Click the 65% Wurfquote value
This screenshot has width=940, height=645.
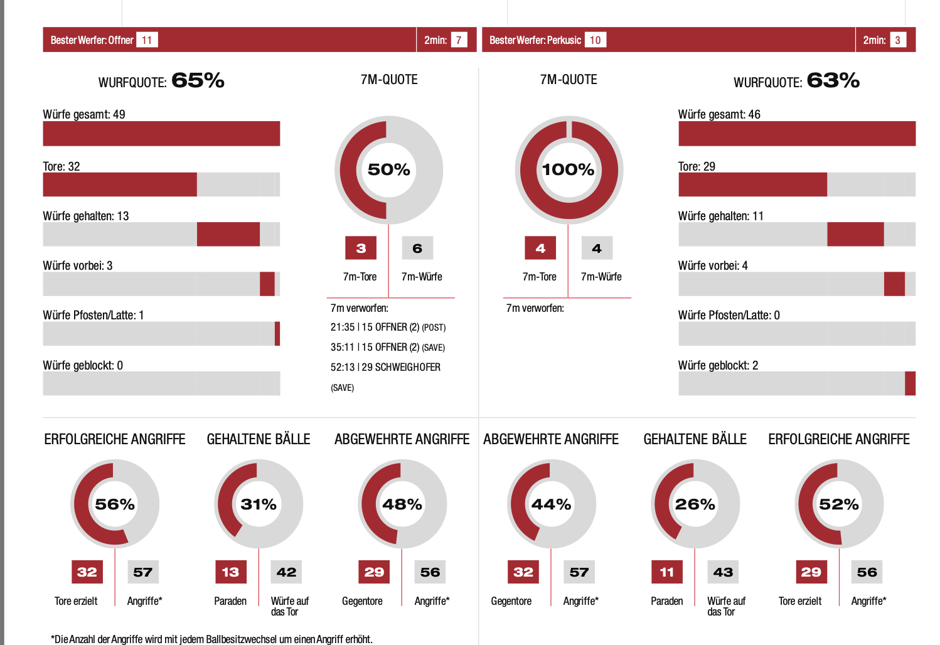click(x=198, y=80)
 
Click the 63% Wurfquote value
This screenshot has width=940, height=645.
click(x=833, y=80)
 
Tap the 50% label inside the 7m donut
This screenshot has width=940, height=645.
click(x=388, y=169)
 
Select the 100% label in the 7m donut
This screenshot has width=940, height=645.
click(x=568, y=169)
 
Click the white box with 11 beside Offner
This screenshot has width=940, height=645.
click(x=147, y=40)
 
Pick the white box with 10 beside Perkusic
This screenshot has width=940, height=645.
click(x=595, y=40)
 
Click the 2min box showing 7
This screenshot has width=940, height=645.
click(x=459, y=40)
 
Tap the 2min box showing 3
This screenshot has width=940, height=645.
click(x=897, y=40)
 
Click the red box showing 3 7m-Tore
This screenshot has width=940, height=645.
click(x=361, y=248)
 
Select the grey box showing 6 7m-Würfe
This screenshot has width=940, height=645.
click(x=417, y=248)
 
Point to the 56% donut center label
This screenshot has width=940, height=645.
click(x=115, y=504)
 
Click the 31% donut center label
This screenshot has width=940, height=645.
click(x=259, y=504)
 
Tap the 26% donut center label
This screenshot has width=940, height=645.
click(x=695, y=504)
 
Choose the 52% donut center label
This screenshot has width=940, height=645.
click(x=839, y=504)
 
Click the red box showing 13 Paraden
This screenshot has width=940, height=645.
click(x=230, y=572)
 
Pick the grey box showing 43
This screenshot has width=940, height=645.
click(x=723, y=572)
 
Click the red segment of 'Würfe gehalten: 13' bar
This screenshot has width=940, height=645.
click(x=228, y=234)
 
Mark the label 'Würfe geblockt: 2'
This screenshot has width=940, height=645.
click(x=718, y=365)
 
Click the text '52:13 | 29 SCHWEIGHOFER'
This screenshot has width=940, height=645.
click(x=385, y=367)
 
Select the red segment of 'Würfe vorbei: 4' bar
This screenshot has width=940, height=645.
click(x=894, y=284)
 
